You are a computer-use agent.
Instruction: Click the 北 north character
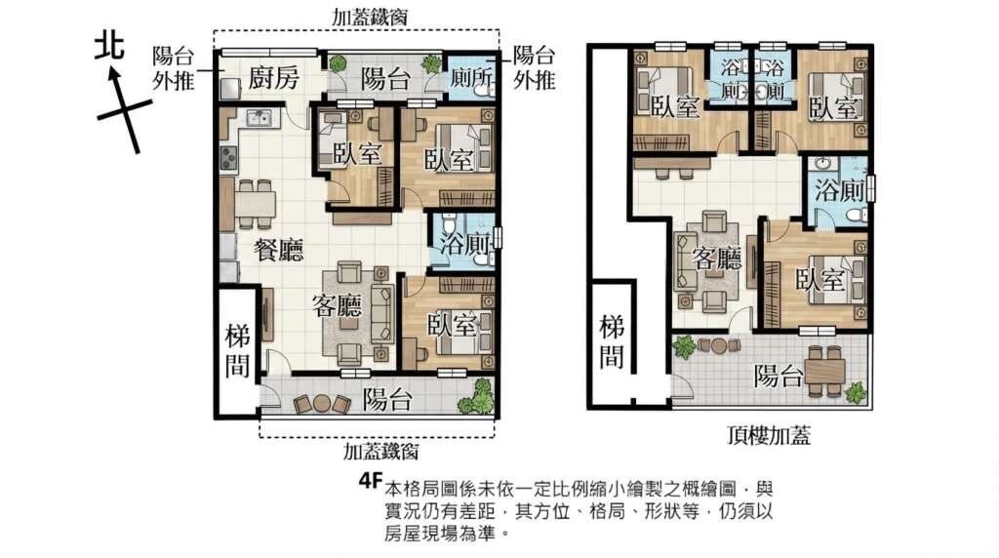pyautogui.click(x=109, y=48)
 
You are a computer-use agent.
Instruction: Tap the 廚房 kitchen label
pyautogui.click(x=273, y=78)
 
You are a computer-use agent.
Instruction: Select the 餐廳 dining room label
pyautogui.click(x=278, y=250)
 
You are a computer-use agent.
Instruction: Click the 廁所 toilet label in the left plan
pyautogui.click(x=472, y=78)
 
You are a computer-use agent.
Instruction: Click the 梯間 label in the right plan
pyautogui.click(x=612, y=342)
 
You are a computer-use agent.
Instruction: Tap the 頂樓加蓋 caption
pyautogui.click(x=769, y=436)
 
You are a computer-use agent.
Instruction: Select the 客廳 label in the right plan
pyautogui.click(x=717, y=259)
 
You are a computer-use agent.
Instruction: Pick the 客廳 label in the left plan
pyautogui.click(x=337, y=305)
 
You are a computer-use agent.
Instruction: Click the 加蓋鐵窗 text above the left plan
pyautogui.click(x=370, y=18)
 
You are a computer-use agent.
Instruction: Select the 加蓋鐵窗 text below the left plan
pyautogui.click(x=381, y=452)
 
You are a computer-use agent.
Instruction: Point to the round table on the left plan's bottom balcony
pyautogui.click(x=322, y=403)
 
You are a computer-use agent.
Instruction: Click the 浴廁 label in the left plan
pyautogui.click(x=465, y=244)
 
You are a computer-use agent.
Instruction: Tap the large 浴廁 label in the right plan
pyautogui.click(x=840, y=191)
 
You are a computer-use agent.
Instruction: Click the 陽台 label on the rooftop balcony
pyautogui.click(x=778, y=377)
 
